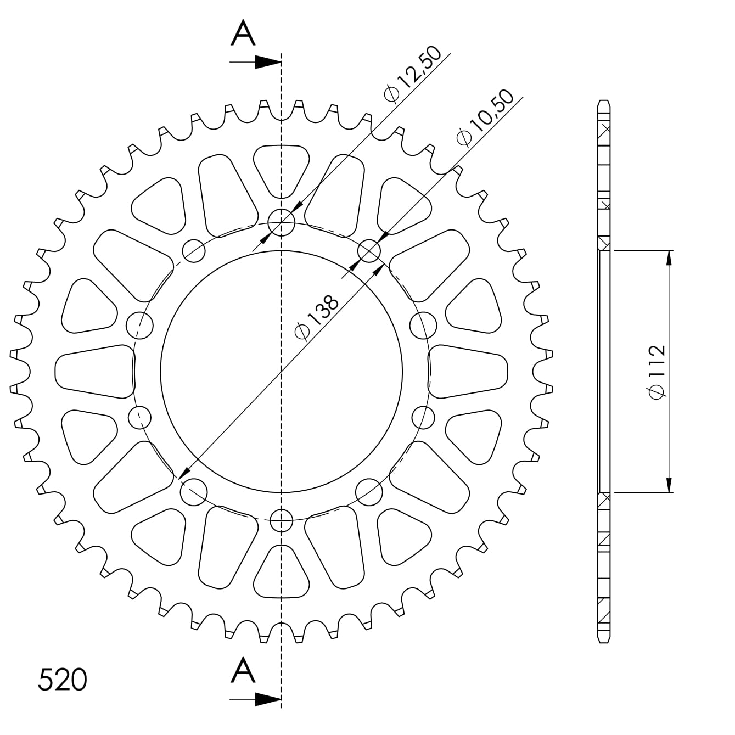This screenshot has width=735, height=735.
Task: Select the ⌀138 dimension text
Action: pos(317,317)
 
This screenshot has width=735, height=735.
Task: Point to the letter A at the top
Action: pos(243,34)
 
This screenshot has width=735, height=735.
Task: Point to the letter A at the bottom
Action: pos(243,670)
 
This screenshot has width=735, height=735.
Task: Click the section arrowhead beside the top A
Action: pos(268,62)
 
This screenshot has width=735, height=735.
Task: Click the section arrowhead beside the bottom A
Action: pos(268,699)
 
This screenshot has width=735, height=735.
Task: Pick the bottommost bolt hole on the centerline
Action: pos(282,519)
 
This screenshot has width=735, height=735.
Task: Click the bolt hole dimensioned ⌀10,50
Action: pos(369,251)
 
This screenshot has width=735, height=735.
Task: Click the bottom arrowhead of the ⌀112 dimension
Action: pos(669,484)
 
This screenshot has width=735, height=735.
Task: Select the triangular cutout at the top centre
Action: pos(282,167)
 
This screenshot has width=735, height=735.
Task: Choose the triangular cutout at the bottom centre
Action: pos(282,574)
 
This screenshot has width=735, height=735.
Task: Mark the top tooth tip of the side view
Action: pos(603,103)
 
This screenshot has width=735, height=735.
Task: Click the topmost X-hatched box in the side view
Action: pos(604,131)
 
